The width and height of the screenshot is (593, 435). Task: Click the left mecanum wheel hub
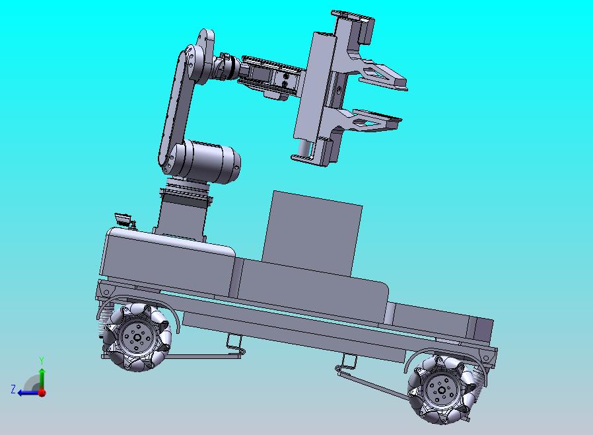(x=137, y=337)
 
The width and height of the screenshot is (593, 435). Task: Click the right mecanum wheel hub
(x=441, y=389)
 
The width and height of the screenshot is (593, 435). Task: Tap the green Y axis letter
(x=42, y=360)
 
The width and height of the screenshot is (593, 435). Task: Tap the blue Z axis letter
(x=13, y=389)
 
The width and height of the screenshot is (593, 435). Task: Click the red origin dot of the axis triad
(x=42, y=393)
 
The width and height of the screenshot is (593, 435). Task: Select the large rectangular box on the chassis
(x=312, y=233)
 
